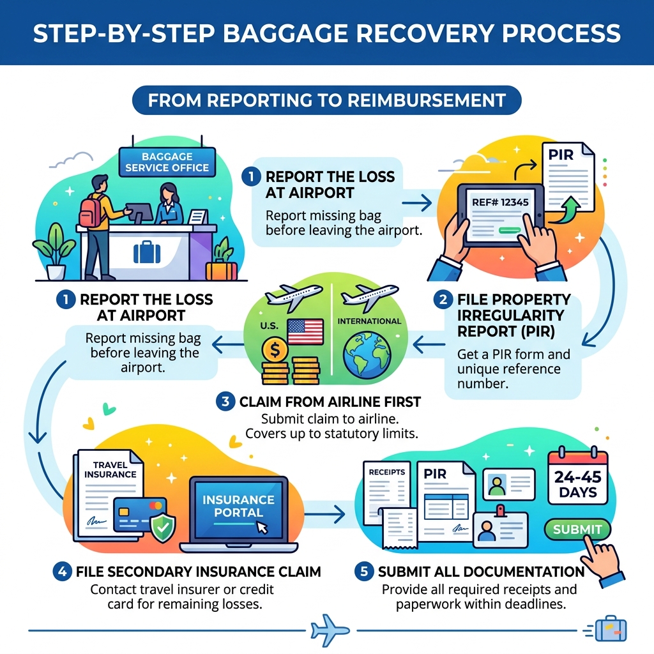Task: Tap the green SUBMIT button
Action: coord(577,529)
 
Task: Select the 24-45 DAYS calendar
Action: coord(577,483)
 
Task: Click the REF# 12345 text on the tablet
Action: coord(500,202)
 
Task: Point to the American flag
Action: coord(305,331)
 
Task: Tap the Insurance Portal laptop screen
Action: coord(238,506)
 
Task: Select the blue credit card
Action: coord(139,515)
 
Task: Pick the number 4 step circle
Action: coord(63,571)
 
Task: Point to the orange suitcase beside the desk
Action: coord(222,270)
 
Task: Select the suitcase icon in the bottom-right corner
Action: coord(610,629)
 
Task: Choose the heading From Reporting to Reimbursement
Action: coord(326,100)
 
